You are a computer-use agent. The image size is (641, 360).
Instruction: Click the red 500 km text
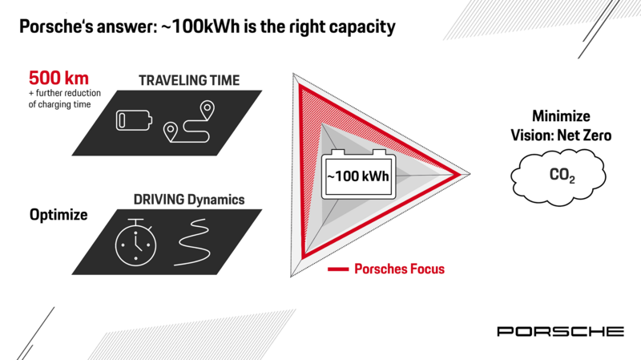click(x=58, y=78)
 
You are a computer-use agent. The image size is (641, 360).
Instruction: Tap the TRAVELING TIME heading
click(x=189, y=80)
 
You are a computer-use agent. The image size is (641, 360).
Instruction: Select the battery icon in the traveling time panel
click(x=134, y=120)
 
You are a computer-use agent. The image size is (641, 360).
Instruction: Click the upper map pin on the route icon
click(x=208, y=110)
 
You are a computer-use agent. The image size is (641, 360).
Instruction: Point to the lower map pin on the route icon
click(x=171, y=131)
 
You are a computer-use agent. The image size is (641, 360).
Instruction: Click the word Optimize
click(x=58, y=215)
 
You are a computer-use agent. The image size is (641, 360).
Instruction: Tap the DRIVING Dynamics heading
click(x=189, y=200)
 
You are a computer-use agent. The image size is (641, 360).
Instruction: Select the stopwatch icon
click(x=135, y=242)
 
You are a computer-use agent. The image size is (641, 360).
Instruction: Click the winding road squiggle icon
click(x=193, y=242)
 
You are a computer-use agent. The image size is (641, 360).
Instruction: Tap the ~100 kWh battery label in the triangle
click(x=358, y=176)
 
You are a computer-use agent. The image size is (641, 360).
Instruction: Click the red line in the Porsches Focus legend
click(x=338, y=269)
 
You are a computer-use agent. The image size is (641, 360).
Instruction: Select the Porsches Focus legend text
click(x=399, y=269)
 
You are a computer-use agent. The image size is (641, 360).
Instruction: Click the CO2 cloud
click(x=558, y=177)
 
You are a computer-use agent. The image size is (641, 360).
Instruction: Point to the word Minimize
click(x=561, y=116)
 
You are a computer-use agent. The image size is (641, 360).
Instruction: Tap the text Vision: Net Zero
click(x=561, y=136)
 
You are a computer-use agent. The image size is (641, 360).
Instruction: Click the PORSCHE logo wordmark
click(x=560, y=331)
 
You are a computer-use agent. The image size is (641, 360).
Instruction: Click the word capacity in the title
click(x=362, y=28)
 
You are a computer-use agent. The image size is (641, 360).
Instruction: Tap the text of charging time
click(x=59, y=105)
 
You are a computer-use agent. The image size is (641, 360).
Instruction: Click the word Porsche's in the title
click(x=54, y=27)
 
